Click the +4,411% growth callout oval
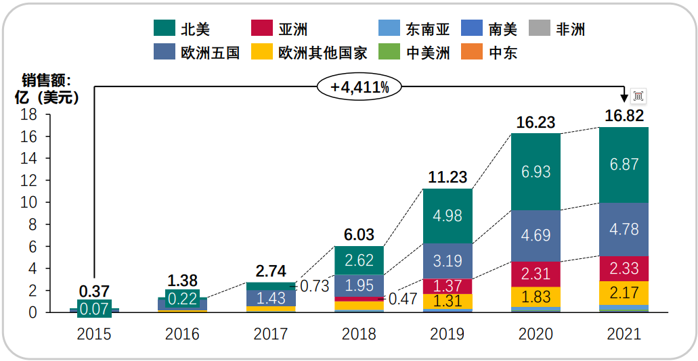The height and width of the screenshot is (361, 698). pos(359,87)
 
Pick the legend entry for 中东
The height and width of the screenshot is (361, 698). pos(491,52)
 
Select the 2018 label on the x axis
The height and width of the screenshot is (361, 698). pos(359,334)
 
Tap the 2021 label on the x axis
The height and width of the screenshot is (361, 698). pos(624,334)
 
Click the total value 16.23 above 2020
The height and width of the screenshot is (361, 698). pos(536,122)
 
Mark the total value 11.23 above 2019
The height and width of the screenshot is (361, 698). pos(448,177)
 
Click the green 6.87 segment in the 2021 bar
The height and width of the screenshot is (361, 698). pos(624,165)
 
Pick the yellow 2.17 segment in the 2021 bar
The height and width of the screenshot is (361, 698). pos(624,293)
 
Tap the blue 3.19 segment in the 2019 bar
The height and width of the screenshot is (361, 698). pos(448,260)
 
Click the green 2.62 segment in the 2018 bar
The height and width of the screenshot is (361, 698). pos(359,260)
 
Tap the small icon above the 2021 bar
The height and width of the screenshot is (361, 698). pos(638,96)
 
